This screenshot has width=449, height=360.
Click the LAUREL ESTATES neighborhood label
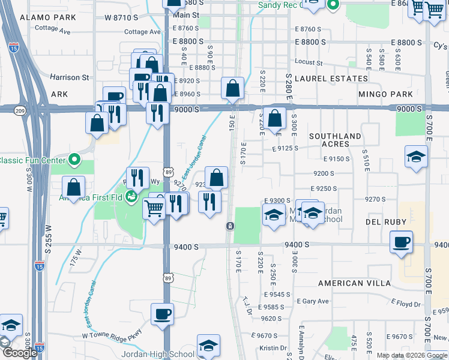coord(331,79)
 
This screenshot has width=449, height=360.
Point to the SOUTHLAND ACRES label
coord(336,140)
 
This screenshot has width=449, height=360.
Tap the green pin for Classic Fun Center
coord(74,160)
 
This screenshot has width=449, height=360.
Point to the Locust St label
coord(309,62)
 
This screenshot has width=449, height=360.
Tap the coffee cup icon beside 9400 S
coord(402,242)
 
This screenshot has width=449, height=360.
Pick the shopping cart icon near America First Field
coord(154,208)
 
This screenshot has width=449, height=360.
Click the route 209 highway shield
coord(20,111)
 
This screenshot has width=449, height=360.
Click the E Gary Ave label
coord(315,301)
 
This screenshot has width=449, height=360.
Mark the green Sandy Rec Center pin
coord(334,5)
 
